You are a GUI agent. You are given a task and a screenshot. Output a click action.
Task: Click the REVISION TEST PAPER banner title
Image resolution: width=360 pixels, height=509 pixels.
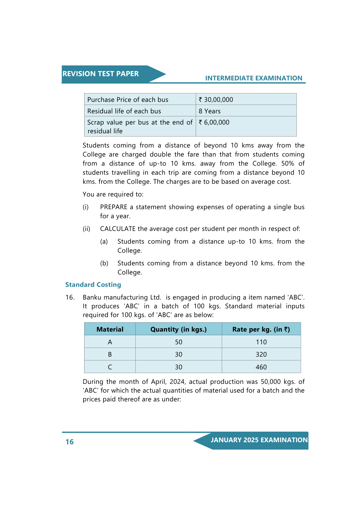[x=100, y=74]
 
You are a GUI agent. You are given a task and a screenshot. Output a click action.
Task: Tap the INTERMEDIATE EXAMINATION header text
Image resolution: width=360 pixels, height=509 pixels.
[x=254, y=78]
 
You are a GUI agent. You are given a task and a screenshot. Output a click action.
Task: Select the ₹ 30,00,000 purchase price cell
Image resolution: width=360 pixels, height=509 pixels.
[x=216, y=100]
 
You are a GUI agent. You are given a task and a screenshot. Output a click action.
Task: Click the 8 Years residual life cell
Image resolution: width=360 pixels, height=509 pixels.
[x=210, y=111]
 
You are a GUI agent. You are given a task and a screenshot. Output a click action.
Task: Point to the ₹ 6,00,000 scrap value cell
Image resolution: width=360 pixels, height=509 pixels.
[x=214, y=122]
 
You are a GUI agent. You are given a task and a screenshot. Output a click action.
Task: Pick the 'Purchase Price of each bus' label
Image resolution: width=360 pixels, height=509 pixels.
[x=128, y=100]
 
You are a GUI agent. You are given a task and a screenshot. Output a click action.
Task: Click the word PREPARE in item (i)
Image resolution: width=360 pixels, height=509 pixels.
[x=114, y=207]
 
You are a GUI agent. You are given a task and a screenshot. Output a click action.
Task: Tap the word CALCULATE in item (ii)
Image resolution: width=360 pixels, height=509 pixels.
[x=118, y=229]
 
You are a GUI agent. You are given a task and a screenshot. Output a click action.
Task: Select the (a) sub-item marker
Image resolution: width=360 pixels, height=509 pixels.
[x=104, y=242]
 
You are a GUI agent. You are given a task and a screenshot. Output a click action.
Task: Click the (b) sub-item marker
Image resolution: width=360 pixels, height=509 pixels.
[x=104, y=263]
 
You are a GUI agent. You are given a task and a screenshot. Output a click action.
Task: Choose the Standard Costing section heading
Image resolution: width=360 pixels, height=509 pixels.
[x=93, y=285]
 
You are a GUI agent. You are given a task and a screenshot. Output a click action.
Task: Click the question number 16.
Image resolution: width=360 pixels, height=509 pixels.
[x=70, y=297]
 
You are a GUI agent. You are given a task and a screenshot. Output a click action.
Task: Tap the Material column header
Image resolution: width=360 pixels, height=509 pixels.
[x=110, y=329]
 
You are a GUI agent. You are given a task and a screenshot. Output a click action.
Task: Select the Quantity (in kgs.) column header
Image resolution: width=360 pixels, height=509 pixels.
[x=178, y=329]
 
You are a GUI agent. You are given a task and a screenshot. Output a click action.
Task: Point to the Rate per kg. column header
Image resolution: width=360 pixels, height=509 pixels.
[x=261, y=329]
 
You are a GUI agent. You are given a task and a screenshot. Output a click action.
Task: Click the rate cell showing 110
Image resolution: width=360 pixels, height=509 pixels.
[x=261, y=342]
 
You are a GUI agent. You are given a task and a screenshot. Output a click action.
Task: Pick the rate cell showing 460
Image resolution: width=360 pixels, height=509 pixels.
[x=261, y=367]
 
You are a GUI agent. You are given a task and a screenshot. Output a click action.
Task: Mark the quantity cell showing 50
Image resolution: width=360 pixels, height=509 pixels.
[x=179, y=342]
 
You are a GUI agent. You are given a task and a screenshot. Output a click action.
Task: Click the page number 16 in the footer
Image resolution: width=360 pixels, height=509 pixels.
[x=70, y=442]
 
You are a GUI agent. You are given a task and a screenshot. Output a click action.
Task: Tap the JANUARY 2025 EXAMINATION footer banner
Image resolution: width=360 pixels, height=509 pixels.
[x=259, y=440]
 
